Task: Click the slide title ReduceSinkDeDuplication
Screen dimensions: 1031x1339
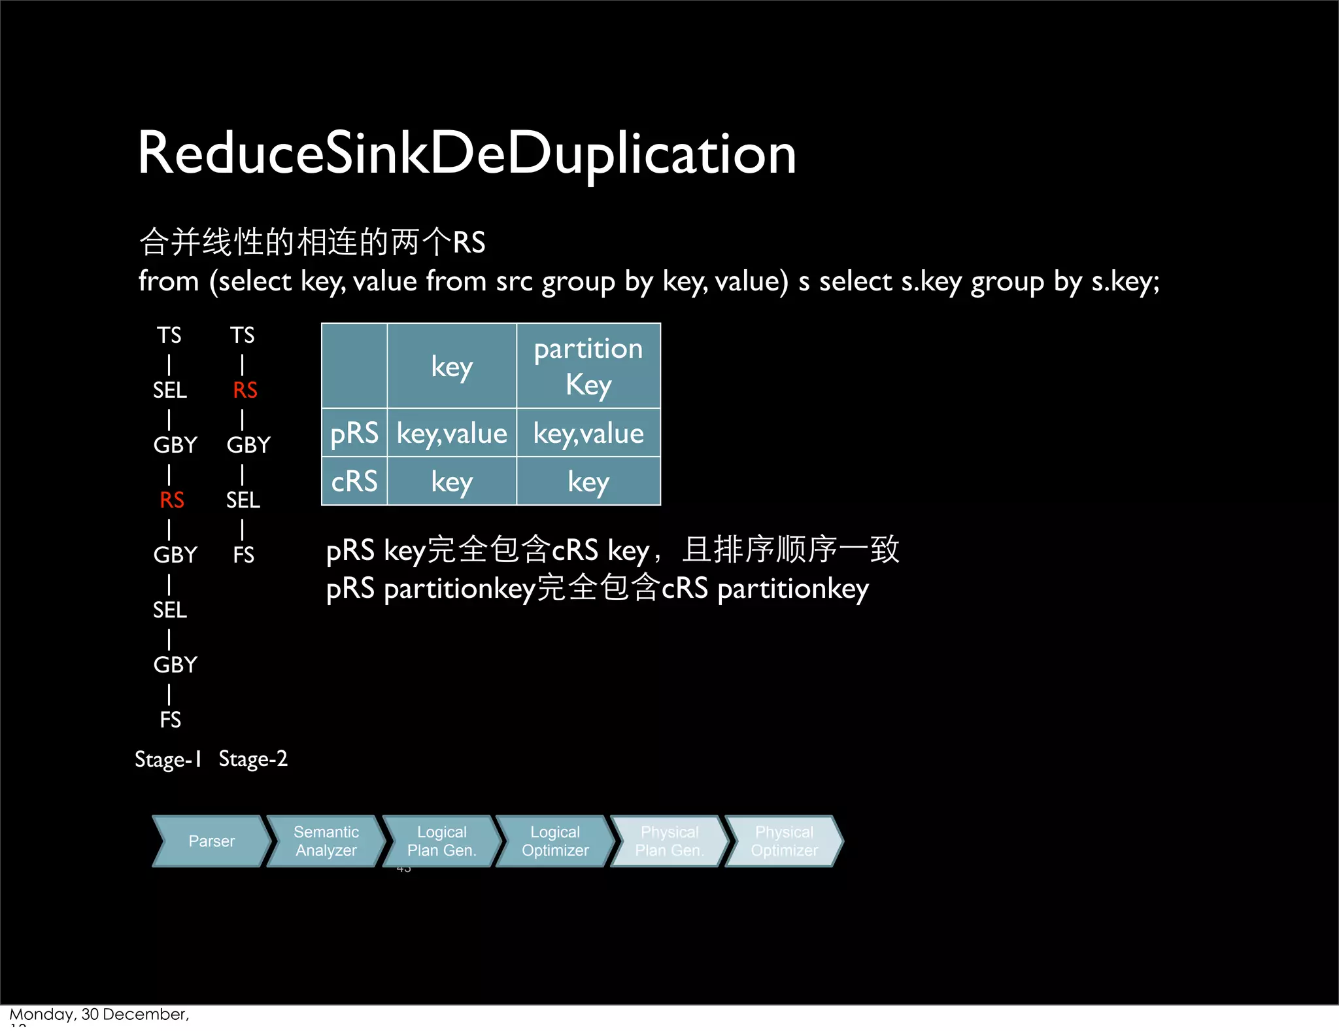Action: click(x=467, y=154)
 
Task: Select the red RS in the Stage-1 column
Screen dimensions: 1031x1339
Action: click(x=172, y=500)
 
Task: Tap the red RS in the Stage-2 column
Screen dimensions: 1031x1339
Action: click(x=245, y=391)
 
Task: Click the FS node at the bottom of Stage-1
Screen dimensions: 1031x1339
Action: click(x=171, y=720)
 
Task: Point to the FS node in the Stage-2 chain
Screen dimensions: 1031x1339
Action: click(x=243, y=555)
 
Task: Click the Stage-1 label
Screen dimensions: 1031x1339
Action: click(x=168, y=760)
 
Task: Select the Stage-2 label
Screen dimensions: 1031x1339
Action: click(x=253, y=760)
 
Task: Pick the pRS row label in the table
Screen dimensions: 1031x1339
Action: click(x=354, y=433)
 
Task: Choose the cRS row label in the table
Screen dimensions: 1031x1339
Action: click(x=354, y=482)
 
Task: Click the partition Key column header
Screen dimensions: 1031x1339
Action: click(x=588, y=366)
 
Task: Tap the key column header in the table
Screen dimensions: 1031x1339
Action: click(x=452, y=367)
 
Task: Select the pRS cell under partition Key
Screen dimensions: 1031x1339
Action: click(x=588, y=434)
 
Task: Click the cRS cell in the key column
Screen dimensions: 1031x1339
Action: click(x=452, y=482)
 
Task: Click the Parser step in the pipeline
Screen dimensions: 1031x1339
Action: click(x=211, y=841)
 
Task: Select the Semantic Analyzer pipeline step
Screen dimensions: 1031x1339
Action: click(x=326, y=841)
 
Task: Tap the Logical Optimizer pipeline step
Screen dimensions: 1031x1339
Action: click(x=555, y=841)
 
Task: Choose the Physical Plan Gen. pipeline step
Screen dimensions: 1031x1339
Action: click(x=669, y=841)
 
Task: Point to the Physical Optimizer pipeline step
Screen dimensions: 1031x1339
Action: click(x=784, y=841)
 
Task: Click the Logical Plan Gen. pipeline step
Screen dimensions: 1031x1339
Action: click(x=441, y=841)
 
